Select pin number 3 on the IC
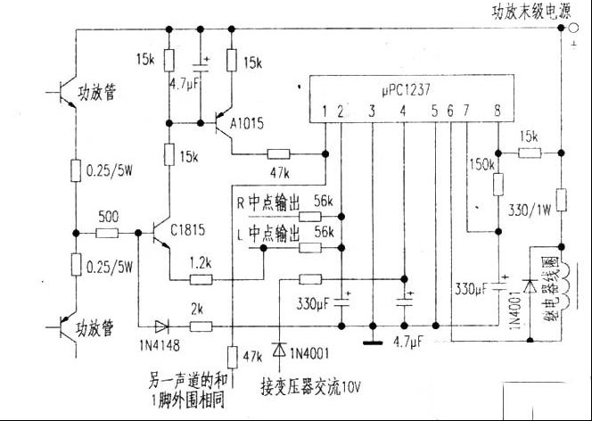tap(372, 111)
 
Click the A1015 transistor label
tap(246, 124)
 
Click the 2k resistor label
tap(198, 310)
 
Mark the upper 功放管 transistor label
tap(98, 92)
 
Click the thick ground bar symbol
tap(382, 341)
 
